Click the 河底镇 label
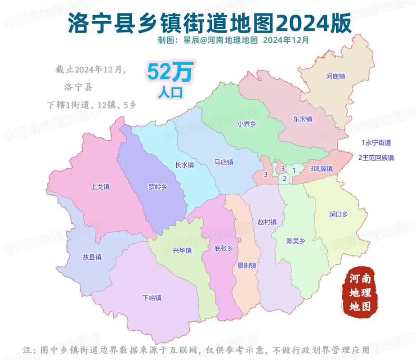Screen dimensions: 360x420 (335, 76)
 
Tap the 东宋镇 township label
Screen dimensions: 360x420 (302, 119)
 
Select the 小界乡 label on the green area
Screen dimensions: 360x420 (246, 125)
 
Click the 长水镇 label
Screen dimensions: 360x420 (184, 165)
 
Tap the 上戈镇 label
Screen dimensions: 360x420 (101, 186)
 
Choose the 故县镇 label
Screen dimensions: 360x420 (92, 257)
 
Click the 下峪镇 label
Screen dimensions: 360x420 (152, 298)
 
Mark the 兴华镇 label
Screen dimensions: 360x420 (182, 250)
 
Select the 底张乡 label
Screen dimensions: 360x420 (223, 248)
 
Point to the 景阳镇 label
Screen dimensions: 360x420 (247, 265)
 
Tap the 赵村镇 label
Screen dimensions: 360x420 (267, 222)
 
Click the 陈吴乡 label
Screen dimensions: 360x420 (295, 241)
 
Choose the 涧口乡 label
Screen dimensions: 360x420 (338, 215)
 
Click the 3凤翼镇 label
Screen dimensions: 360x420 (321, 169)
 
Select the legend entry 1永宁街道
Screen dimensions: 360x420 (376, 143)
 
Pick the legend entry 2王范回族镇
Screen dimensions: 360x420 (376, 158)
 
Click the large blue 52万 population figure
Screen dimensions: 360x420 (170, 72)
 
